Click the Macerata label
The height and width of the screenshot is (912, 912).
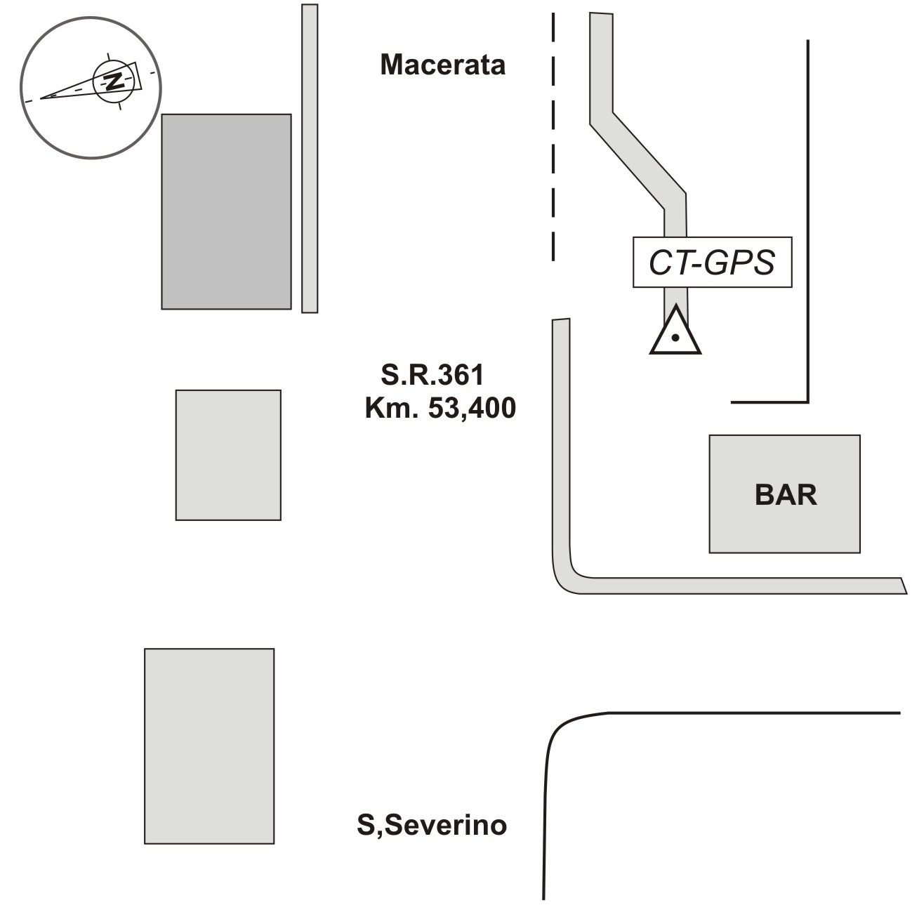tap(442, 65)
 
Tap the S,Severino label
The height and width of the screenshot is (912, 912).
tap(431, 825)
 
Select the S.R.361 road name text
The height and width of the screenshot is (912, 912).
tap(432, 375)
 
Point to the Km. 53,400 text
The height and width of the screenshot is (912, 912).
tap(440, 408)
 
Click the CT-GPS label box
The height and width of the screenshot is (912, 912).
tap(712, 263)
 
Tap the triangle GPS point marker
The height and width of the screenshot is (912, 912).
tap(675, 331)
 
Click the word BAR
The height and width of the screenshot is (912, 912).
tap(786, 495)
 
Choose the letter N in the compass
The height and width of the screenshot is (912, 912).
tap(114, 80)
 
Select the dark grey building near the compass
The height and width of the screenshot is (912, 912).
tap(226, 211)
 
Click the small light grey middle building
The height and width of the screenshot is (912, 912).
tap(228, 455)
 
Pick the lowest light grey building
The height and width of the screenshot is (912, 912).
tap(209, 746)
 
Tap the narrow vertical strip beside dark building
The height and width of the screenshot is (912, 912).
tap(310, 159)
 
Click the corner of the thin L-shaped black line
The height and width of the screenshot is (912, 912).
tap(808, 402)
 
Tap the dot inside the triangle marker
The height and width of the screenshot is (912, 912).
tap(675, 338)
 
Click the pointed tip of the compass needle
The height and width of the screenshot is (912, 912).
tap(41, 98)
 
